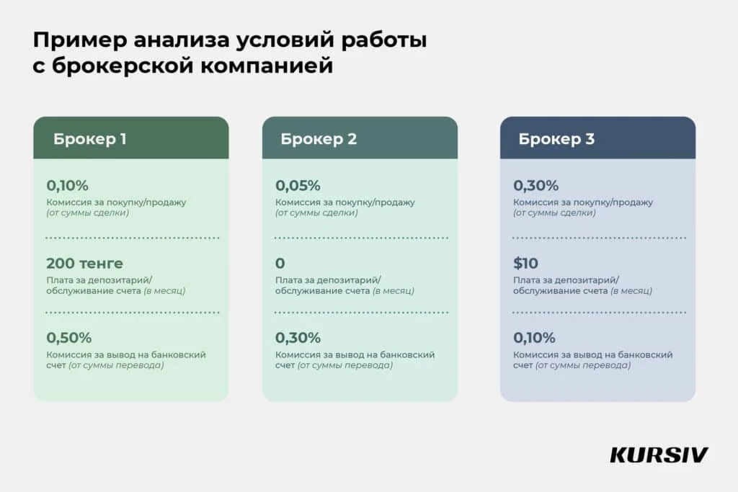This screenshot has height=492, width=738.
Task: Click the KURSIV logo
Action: (x=659, y=455)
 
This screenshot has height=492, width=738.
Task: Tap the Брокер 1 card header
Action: (x=130, y=138)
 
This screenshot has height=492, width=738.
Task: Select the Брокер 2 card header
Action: (x=359, y=138)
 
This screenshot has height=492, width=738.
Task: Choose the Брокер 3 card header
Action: (x=597, y=138)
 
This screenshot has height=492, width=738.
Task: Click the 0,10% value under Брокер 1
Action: (x=67, y=185)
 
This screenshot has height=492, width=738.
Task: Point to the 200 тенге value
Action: (x=84, y=263)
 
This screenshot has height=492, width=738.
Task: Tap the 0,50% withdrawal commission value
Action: (x=69, y=337)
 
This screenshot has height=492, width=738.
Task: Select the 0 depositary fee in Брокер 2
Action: (x=280, y=263)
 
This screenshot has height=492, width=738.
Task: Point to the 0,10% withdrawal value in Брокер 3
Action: (x=534, y=337)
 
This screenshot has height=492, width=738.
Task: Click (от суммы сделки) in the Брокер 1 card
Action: (x=88, y=213)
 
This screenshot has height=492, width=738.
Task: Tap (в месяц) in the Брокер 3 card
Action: (x=631, y=291)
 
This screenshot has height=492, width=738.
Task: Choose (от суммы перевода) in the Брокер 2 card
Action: (x=345, y=366)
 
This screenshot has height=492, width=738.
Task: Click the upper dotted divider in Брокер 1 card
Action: (x=132, y=238)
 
